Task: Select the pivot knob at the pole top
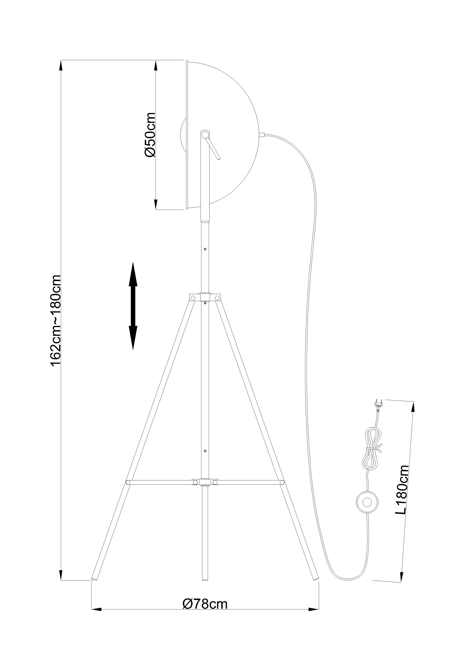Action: coord(205,134)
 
